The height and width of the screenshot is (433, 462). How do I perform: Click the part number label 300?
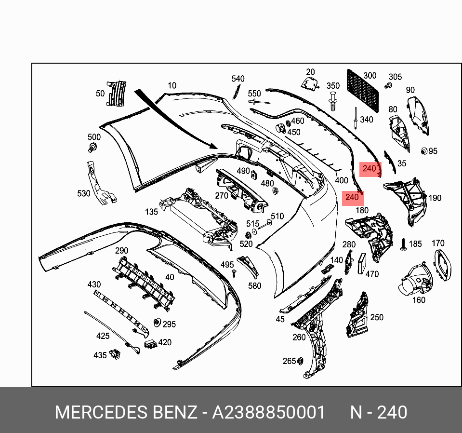[370, 76]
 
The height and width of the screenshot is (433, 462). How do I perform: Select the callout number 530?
[84, 193]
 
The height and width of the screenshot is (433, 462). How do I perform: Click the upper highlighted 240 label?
[369, 169]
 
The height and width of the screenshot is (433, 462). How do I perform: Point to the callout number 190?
[435, 198]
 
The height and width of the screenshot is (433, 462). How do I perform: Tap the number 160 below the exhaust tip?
[419, 300]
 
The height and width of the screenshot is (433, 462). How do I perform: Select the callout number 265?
[289, 361]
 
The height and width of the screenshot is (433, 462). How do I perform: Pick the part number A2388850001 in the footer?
[269, 413]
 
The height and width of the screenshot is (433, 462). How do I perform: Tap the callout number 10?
[172, 86]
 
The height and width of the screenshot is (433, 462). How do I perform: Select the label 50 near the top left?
[100, 94]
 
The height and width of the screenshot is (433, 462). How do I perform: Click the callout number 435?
[100, 355]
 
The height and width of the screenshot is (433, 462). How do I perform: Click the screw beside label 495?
[234, 273]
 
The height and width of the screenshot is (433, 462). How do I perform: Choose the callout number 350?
[333, 86]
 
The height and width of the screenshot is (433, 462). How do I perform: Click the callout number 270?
[221, 196]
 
